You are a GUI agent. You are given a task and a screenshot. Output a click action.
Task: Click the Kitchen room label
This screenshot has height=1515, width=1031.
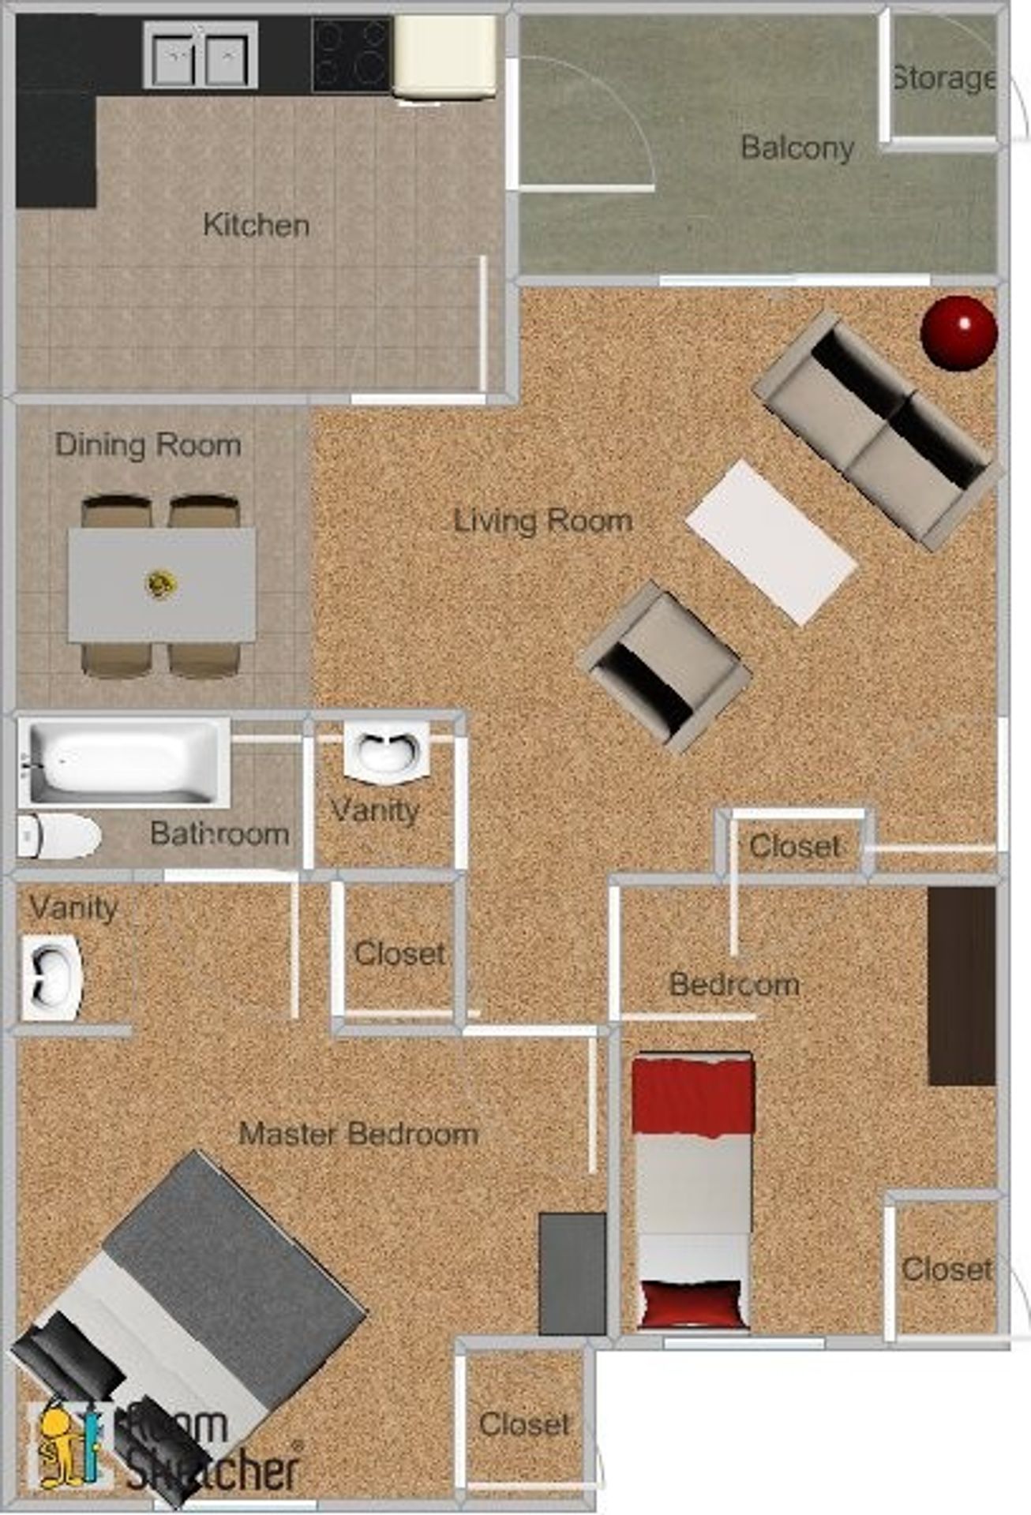(x=256, y=226)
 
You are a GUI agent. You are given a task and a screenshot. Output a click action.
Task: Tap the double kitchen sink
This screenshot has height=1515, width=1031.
(x=200, y=56)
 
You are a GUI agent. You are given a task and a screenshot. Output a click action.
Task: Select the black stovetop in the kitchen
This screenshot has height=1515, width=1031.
(x=351, y=55)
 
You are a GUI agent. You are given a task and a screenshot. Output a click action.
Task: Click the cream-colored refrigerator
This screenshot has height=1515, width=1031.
(x=444, y=57)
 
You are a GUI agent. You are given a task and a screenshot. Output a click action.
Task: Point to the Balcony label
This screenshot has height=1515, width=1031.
(x=797, y=148)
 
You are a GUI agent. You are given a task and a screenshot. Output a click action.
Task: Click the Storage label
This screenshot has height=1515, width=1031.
(x=943, y=78)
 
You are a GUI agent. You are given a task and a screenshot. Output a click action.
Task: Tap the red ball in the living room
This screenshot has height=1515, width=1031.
(x=958, y=331)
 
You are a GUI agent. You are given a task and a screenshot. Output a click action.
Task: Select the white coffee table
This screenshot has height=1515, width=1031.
(x=770, y=542)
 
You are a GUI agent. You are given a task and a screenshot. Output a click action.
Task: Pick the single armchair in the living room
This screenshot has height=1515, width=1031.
(x=665, y=666)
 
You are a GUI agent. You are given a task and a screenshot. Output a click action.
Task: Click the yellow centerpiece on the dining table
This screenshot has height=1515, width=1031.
(x=161, y=584)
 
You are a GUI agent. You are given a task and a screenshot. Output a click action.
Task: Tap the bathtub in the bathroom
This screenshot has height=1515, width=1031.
(x=124, y=762)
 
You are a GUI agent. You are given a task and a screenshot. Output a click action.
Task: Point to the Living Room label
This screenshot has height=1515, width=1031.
(x=542, y=521)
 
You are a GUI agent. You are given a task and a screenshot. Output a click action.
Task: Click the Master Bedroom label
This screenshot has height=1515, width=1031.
(x=358, y=1134)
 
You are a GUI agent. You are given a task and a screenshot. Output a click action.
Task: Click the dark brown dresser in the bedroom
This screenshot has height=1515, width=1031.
(x=961, y=986)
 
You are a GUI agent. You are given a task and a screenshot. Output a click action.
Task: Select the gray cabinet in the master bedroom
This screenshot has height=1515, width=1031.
(x=572, y=1273)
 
